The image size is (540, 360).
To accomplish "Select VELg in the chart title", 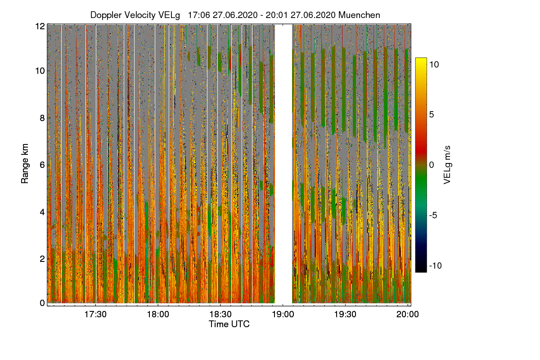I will click(x=169, y=15).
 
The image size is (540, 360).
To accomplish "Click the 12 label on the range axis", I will click(x=40, y=26).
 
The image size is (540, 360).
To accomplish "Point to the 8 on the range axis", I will click(x=42, y=118).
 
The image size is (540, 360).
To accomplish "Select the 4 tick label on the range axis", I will click(x=42, y=211).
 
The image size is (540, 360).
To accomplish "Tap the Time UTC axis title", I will click(x=229, y=324).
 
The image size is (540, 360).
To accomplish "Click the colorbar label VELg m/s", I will click(x=447, y=165).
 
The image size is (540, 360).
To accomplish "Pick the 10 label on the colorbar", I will click(x=434, y=64).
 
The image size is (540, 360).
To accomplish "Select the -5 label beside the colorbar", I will click(x=434, y=215).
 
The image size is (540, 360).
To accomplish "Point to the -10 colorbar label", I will click(x=435, y=265).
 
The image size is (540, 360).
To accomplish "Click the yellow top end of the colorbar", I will click(x=421, y=60).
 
